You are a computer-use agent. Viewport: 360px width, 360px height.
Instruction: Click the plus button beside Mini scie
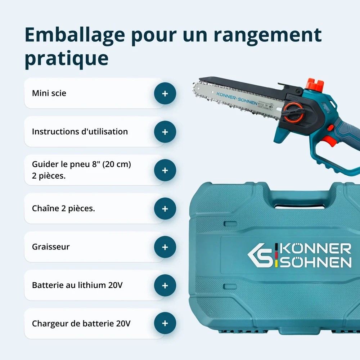[x=165, y=94]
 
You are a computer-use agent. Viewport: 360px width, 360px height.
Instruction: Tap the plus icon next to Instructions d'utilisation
[x=165, y=132]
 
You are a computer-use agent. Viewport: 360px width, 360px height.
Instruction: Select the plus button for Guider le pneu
[x=165, y=170]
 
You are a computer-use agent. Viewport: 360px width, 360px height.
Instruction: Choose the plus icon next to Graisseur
[x=165, y=247]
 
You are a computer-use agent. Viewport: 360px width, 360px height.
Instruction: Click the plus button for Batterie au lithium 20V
[x=165, y=285]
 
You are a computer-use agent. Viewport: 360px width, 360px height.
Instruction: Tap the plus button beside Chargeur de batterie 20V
[x=165, y=323]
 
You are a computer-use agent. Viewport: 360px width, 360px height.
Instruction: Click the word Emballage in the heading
[x=75, y=35]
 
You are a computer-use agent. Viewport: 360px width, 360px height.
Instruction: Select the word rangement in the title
[x=267, y=36]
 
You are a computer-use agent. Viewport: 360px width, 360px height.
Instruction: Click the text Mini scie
[x=49, y=93]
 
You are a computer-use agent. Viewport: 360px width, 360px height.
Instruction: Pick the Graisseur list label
[x=51, y=247]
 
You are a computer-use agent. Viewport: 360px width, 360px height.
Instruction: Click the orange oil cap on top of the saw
[x=315, y=85]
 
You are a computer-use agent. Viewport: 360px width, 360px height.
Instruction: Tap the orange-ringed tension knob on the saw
[x=294, y=112]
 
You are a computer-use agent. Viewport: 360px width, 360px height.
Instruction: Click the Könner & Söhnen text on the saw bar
[x=237, y=98]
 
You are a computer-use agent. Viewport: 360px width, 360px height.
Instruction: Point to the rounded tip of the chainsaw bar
[x=195, y=89]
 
